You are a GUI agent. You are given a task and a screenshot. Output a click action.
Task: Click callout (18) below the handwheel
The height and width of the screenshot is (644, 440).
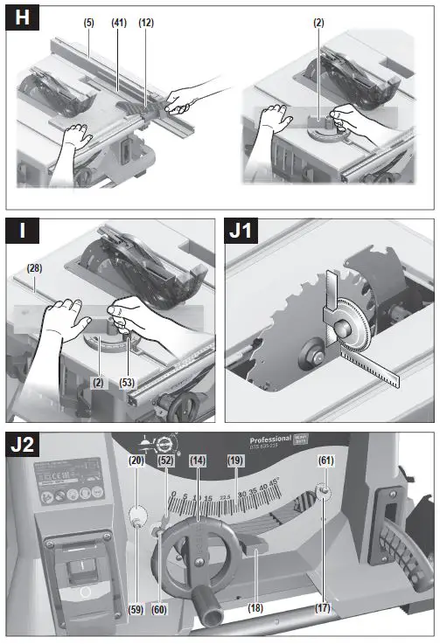click(255, 607)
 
